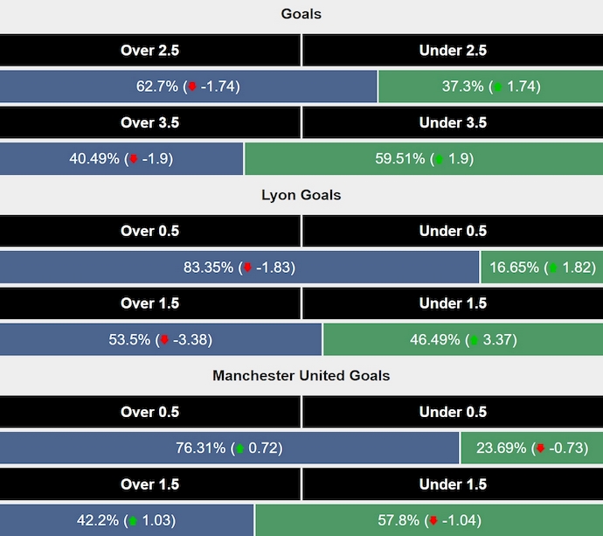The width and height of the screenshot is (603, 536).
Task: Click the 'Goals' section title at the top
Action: coord(301,14)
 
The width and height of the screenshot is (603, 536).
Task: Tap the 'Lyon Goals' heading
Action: coord(301,195)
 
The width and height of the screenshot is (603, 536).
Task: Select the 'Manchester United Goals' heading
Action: coord(301,376)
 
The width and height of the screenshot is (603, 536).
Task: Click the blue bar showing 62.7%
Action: coord(189,87)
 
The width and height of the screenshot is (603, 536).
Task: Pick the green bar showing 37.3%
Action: coord(490,87)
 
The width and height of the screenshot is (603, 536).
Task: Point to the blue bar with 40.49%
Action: coord(121,159)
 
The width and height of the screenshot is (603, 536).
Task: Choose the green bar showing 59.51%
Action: coord(424,159)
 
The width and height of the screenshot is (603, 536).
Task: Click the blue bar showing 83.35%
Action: coord(239,268)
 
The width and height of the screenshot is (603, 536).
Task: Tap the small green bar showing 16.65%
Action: coord(542,268)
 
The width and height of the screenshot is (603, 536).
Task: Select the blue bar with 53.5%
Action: coord(161,340)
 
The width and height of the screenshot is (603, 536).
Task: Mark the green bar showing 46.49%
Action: coord(463,340)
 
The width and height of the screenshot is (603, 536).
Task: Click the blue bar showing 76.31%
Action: coord(230,449)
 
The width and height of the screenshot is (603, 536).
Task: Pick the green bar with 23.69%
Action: coord(531,449)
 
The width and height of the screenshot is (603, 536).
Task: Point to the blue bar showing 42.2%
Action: coord(127,520)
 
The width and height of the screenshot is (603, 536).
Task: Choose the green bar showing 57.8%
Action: coord(429,520)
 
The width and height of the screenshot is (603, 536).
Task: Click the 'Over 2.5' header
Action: coord(149,51)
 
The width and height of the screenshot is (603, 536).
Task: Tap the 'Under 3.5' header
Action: coord(453,123)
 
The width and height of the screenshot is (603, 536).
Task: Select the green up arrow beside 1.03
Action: coord(134,521)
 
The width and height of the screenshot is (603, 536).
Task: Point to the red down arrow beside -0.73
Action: coord(540,449)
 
